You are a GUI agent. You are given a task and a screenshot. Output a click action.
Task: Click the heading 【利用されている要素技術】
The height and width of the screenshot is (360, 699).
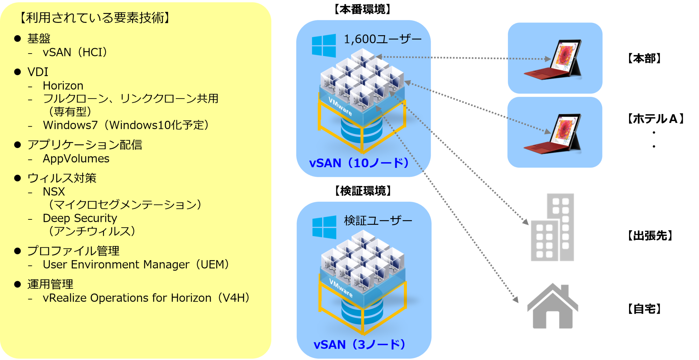click(95, 18)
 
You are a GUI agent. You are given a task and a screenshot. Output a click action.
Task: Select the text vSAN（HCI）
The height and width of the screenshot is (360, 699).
click(75, 53)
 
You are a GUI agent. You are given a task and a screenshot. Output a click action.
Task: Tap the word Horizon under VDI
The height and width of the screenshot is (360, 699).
click(63, 86)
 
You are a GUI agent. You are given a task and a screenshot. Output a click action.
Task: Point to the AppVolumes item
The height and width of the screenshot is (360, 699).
click(76, 159)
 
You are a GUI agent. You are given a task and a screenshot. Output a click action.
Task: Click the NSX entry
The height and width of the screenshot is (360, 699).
click(54, 192)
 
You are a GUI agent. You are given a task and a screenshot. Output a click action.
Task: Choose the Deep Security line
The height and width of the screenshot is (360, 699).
click(80, 218)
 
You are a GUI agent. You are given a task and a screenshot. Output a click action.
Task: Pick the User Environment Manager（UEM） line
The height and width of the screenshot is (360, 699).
click(135, 265)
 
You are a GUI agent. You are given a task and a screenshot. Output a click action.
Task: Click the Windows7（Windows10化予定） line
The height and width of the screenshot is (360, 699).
click(126, 125)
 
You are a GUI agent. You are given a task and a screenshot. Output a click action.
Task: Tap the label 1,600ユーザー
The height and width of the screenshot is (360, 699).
click(383, 40)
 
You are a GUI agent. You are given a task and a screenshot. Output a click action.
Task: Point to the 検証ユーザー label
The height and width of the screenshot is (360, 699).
click(378, 221)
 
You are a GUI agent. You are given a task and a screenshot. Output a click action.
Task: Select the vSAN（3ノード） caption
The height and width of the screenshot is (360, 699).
click(359, 345)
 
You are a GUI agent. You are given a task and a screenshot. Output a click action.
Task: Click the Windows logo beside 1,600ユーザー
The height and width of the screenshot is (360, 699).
click(324, 45)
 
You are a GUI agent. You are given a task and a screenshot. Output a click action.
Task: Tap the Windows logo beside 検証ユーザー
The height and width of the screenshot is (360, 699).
click(324, 227)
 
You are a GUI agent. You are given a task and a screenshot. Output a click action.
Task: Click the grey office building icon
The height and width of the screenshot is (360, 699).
click(553, 228)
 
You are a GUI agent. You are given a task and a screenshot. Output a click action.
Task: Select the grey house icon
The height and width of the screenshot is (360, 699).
click(553, 306)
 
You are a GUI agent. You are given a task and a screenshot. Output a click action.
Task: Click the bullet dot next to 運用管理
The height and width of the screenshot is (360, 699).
click(18, 284)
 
